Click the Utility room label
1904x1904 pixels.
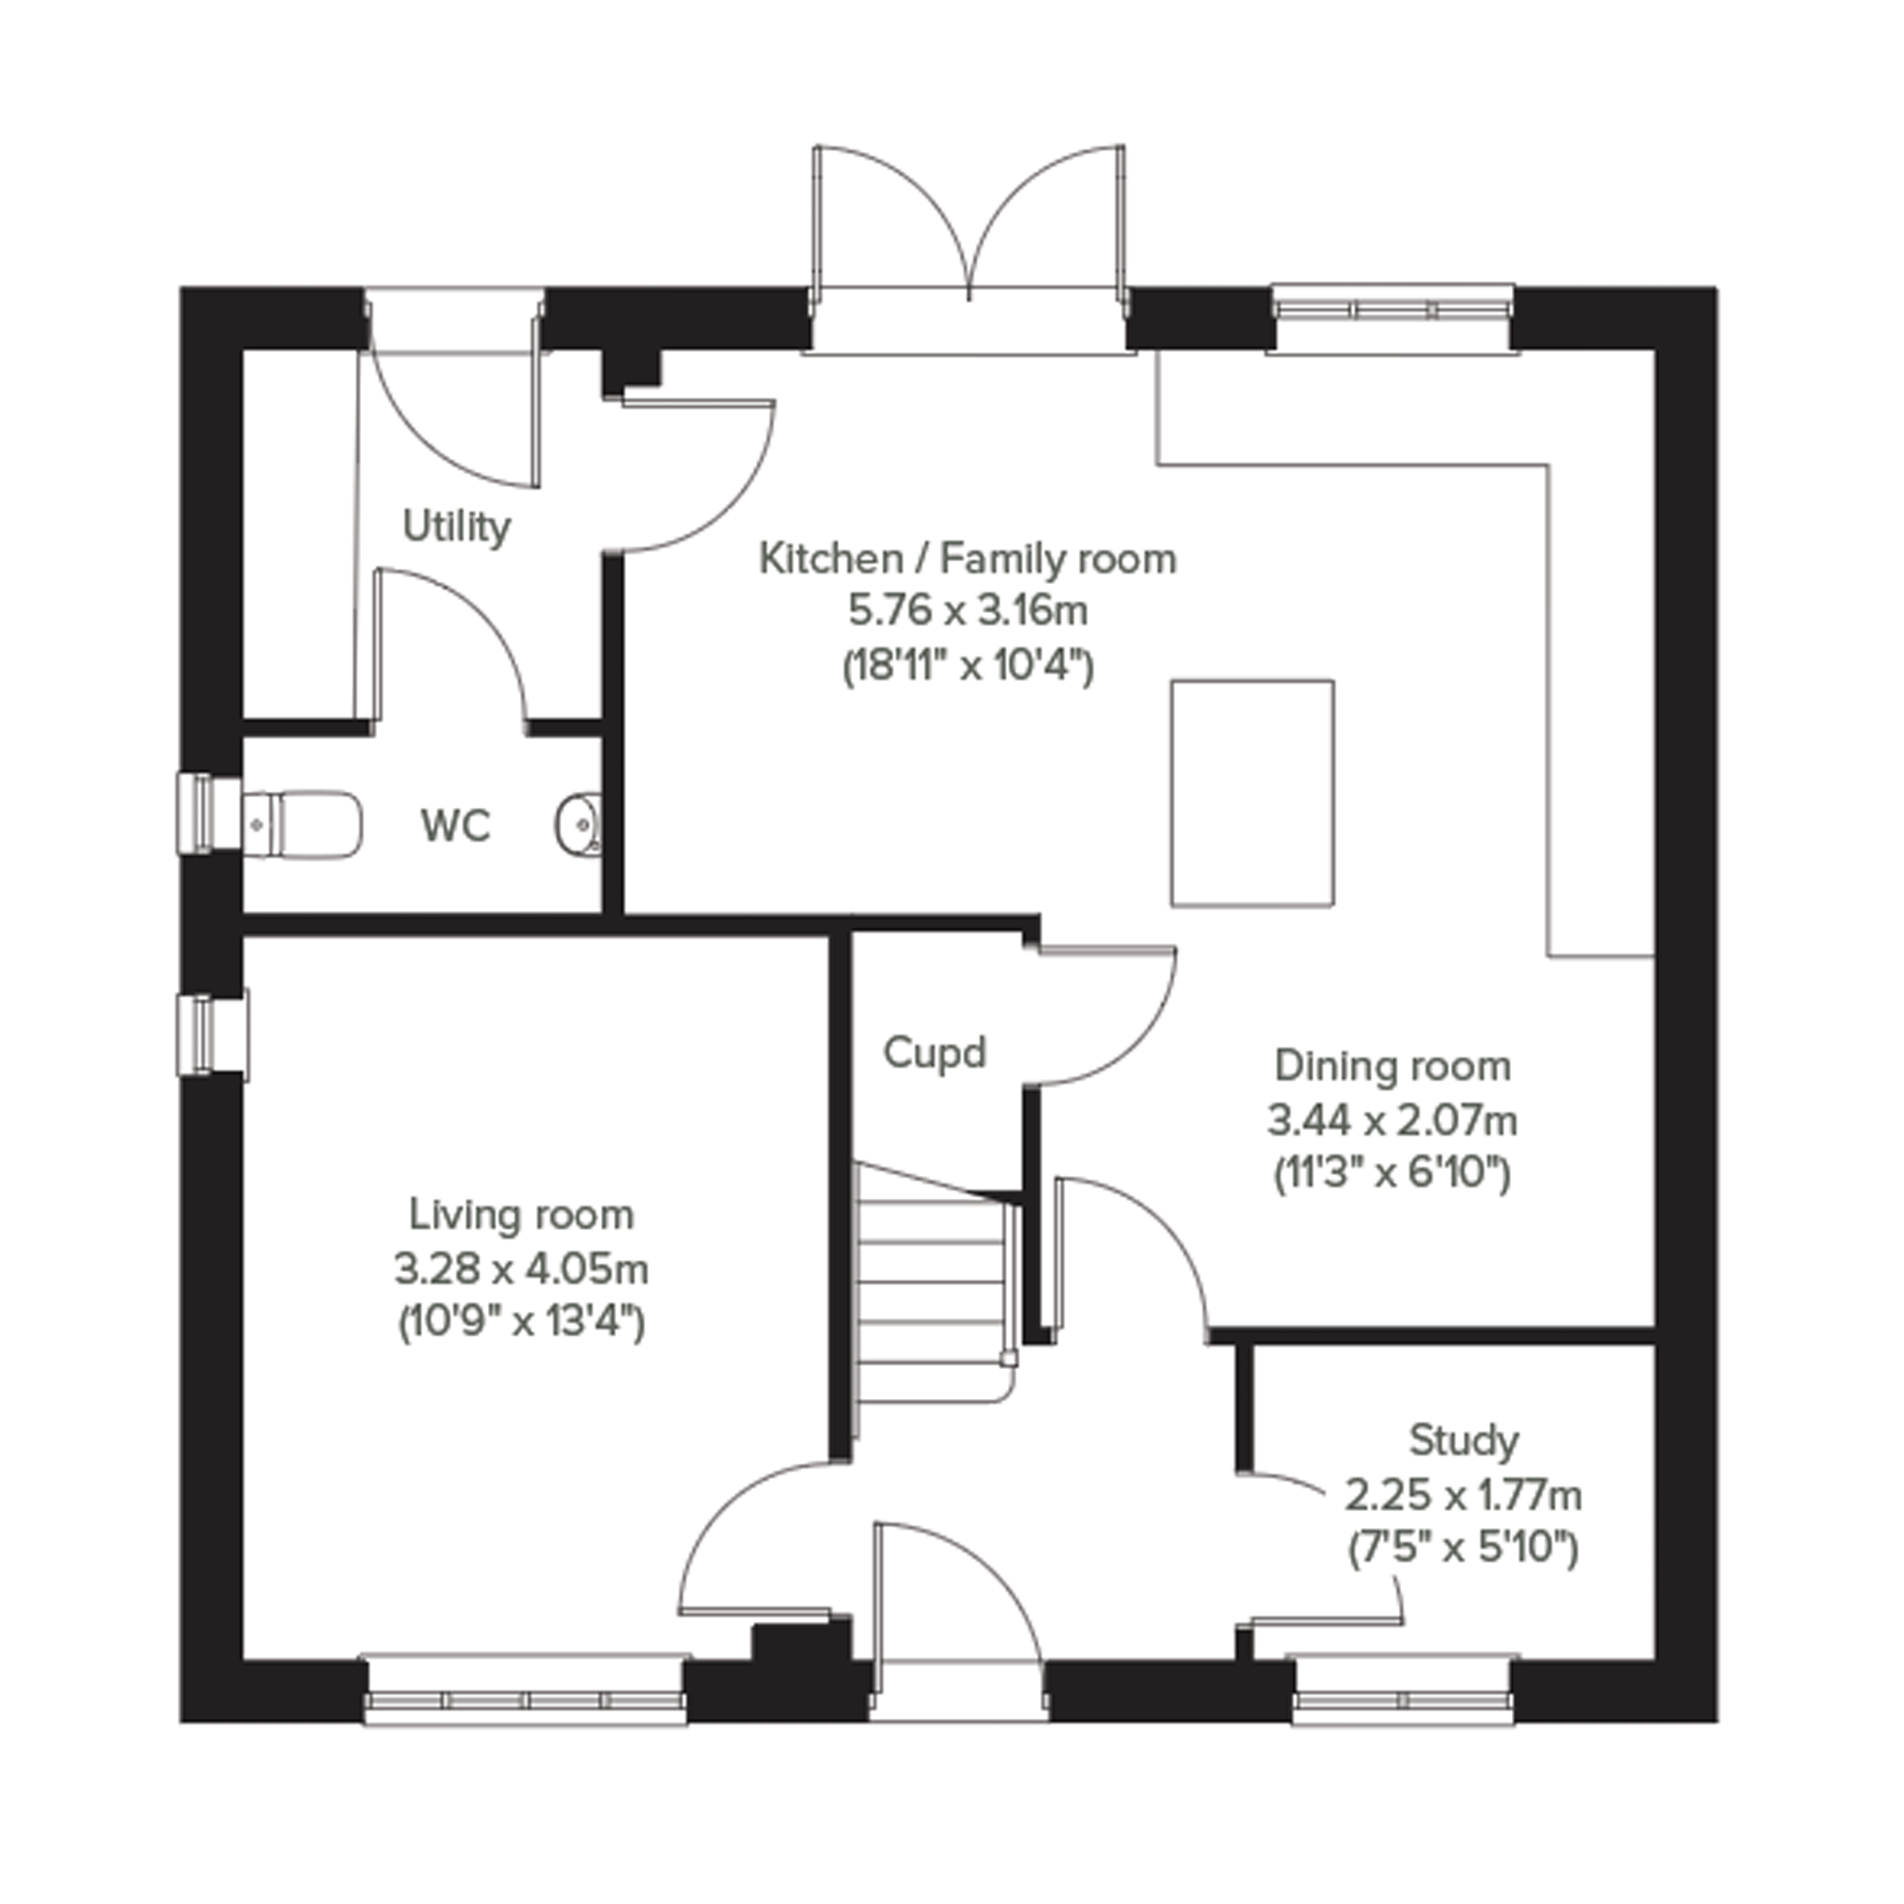456,527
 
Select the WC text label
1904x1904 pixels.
455,826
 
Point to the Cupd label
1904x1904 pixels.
935,1053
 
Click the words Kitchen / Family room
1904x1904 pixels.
968,559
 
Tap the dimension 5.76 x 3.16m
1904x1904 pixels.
968,612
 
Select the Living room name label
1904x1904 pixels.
521,1216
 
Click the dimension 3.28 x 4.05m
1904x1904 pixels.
521,1269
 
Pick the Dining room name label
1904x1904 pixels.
1393,1066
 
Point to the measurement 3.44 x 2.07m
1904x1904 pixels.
1393,1121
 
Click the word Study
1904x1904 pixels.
1463,1440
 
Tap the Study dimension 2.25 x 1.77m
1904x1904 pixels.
1463,1496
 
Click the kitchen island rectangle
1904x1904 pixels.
1252,794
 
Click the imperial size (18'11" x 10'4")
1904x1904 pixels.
968,667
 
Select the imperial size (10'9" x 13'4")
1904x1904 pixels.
521,1322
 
